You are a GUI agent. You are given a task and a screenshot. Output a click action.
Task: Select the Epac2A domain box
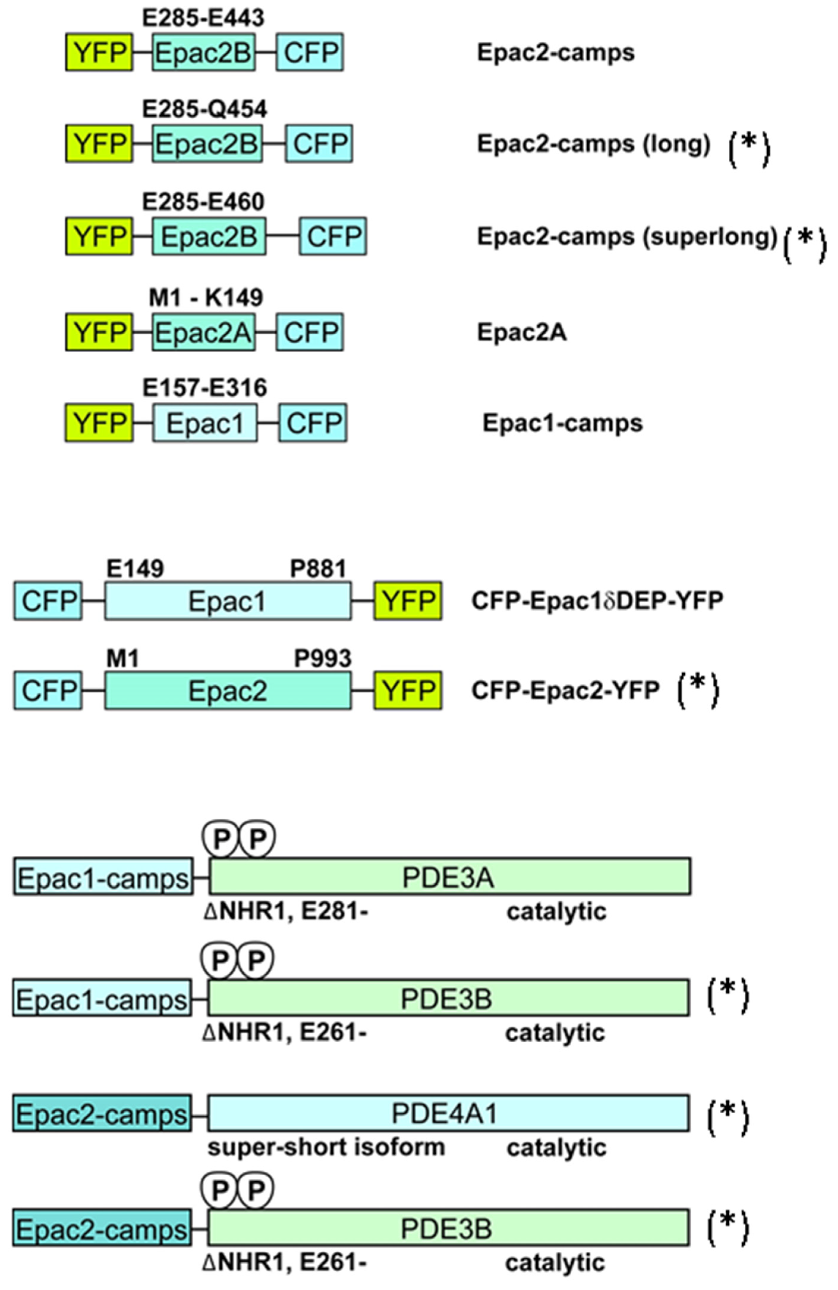(x=203, y=332)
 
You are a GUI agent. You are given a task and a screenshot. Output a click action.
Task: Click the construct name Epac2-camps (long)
(x=594, y=144)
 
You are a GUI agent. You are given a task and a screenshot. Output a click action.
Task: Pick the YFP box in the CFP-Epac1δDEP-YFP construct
(x=408, y=600)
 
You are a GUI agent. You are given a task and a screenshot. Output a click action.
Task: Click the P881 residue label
(x=318, y=569)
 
